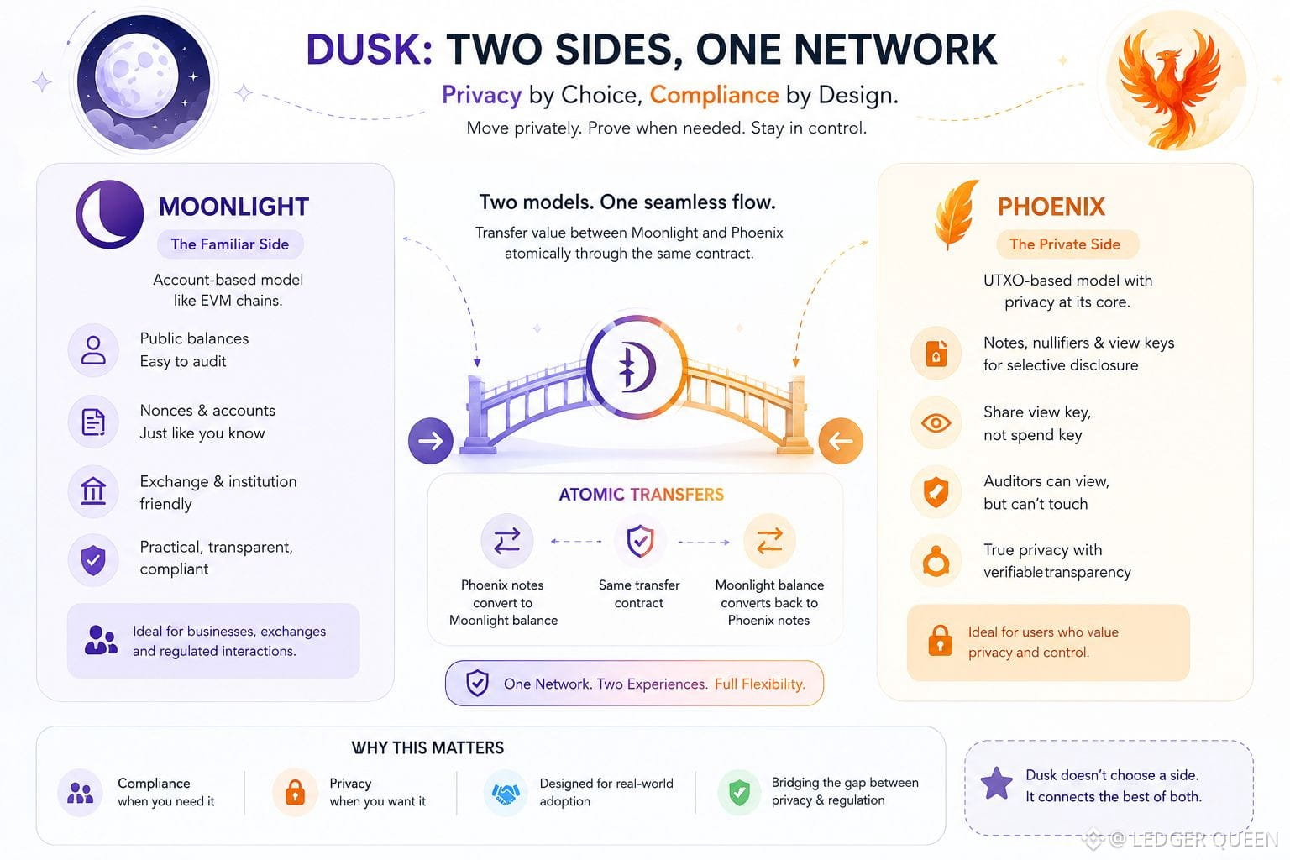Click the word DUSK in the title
click(370, 50)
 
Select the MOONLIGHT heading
click(233, 207)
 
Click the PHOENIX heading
click(1051, 207)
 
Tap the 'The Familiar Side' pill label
click(230, 244)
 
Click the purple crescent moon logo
click(109, 214)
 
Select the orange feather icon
click(956, 214)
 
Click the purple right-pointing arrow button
click(431, 441)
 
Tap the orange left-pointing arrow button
click(841, 441)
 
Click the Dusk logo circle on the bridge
click(637, 366)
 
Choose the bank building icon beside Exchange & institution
click(92, 491)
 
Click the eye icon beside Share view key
click(936, 423)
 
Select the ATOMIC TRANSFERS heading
click(641, 494)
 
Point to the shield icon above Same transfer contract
click(640, 541)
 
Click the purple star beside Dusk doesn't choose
click(996, 784)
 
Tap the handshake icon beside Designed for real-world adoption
click(506, 794)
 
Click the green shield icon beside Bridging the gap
click(739, 793)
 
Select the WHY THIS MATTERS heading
click(427, 747)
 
